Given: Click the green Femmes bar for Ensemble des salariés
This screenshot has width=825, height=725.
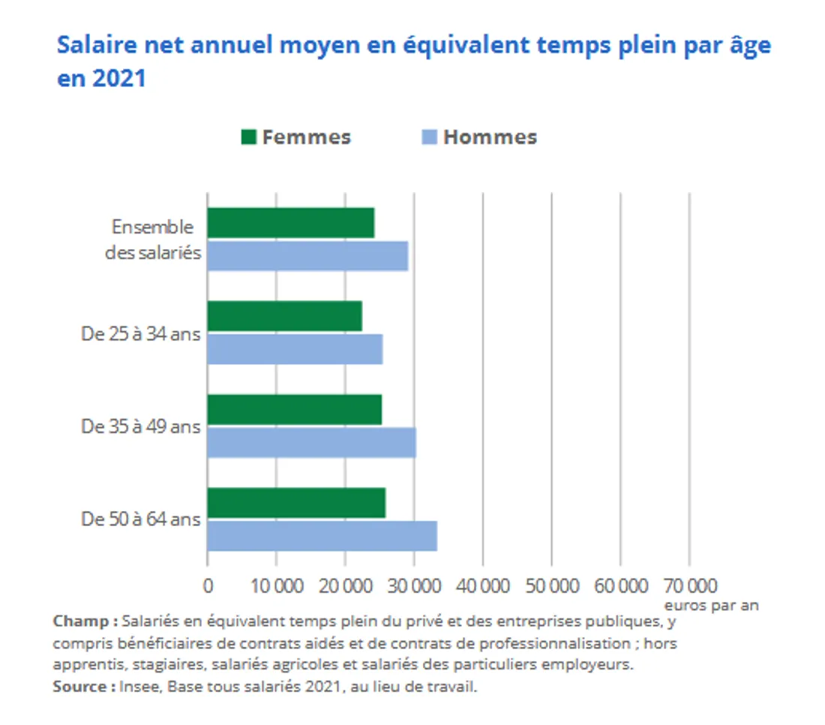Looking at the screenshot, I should point(290,223).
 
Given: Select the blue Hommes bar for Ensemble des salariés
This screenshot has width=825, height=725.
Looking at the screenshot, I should point(307,256).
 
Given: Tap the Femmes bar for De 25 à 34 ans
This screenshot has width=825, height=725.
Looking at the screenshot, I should point(284,316).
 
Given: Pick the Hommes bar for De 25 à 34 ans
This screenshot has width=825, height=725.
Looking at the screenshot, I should point(295,349).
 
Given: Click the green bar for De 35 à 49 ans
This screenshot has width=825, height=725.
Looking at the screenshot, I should point(294,409).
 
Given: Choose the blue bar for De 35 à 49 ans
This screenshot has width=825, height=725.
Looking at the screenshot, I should point(311,442).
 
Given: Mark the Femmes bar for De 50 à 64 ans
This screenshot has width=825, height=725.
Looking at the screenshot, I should point(296,502).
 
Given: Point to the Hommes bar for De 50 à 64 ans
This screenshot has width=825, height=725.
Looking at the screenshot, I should point(322,536).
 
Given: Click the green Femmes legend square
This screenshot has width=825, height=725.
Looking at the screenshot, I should point(249,137).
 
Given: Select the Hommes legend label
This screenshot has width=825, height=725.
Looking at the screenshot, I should point(490,137).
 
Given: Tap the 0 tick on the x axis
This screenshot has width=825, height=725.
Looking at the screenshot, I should point(208,585).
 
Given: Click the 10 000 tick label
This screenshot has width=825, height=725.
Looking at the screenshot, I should point(276,585).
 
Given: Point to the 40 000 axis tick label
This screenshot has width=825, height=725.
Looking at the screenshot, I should point(482,585).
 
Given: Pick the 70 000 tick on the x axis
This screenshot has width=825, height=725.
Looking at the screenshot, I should point(689,585).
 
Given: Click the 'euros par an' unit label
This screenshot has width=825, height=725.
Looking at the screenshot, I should point(711,605).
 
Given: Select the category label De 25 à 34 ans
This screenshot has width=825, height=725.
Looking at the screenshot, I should point(141,333).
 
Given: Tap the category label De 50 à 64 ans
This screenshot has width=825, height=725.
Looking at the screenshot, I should point(141,519).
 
